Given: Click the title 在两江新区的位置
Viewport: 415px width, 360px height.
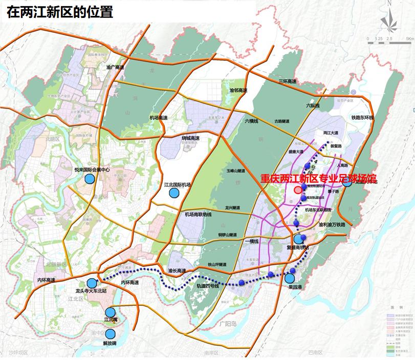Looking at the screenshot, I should point(60,11).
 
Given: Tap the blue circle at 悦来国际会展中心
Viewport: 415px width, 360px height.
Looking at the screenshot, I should point(90,179).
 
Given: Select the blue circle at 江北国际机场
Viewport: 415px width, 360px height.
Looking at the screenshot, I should point(174,193).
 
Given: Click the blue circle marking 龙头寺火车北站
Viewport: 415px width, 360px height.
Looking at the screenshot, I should point(92,283).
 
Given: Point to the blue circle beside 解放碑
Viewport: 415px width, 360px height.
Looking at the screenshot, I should point(111,333).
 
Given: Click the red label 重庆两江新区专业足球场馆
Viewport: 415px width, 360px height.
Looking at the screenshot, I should point(318,179).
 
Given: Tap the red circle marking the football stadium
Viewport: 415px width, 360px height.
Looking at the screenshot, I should point(298,190).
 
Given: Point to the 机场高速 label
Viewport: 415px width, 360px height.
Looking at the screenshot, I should point(159,118).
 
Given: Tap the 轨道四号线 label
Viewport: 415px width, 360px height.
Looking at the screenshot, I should point(208,286).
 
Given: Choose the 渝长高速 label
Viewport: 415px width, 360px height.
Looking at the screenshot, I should point(178,269).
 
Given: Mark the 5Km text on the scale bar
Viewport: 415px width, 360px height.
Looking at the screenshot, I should point(408,39).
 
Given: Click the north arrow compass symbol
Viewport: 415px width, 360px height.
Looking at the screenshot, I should point(388,19).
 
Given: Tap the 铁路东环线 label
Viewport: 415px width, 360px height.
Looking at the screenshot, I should point(363,118).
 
